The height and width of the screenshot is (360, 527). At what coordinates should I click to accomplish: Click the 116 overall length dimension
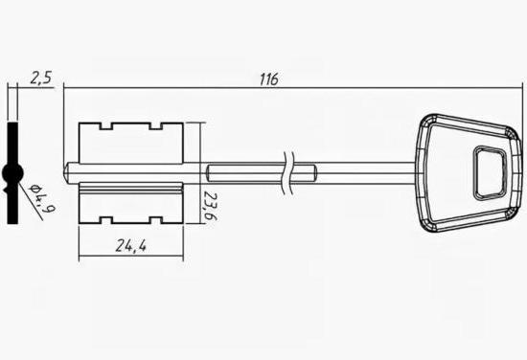[x=269, y=79]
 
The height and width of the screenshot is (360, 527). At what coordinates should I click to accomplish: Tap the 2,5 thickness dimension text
[x=41, y=79]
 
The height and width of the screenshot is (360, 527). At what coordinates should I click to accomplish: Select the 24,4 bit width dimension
[x=131, y=246]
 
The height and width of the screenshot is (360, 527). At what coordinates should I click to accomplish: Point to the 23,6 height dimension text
[x=210, y=206]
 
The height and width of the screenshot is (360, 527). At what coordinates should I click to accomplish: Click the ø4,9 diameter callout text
[x=42, y=199]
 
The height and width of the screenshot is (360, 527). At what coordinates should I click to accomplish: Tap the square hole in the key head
[x=490, y=173]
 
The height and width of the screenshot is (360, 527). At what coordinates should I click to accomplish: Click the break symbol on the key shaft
[x=287, y=173]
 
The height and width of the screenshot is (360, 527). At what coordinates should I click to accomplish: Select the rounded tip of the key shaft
[x=67, y=173]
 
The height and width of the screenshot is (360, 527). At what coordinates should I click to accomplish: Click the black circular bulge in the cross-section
[x=12, y=173]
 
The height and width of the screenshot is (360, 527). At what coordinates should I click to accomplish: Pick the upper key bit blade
[x=131, y=143]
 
